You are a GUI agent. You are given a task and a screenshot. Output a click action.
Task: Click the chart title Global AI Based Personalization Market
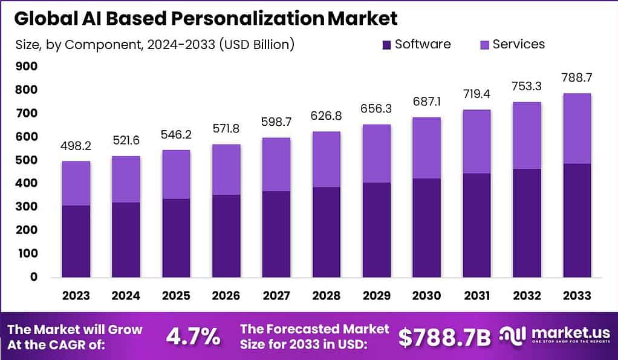(x=206, y=18)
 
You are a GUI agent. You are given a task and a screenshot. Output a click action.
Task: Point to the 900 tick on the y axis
(x=27, y=67)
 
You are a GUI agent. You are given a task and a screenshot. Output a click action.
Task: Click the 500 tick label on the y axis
(x=27, y=160)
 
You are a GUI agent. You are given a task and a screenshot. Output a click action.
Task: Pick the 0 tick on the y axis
(x=34, y=277)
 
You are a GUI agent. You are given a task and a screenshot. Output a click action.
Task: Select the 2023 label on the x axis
(x=76, y=296)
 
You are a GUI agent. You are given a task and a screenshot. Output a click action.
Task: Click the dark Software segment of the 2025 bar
(x=175, y=238)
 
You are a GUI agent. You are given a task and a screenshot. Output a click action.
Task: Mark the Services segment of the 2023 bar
(x=76, y=183)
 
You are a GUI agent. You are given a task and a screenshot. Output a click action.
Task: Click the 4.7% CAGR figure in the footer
(x=194, y=337)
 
